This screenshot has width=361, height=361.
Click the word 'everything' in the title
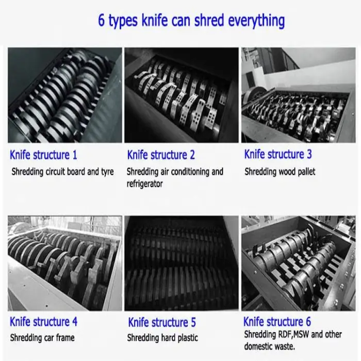click(256, 21)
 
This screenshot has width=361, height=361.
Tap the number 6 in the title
click(101, 20)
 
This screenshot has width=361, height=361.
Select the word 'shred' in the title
click(209, 20)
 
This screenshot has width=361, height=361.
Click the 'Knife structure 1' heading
click(43, 155)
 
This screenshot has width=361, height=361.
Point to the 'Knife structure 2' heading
click(161, 155)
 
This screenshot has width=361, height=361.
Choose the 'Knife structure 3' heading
click(278, 154)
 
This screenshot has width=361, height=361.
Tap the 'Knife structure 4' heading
click(43, 322)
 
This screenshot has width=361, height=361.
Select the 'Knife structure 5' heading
click(162, 322)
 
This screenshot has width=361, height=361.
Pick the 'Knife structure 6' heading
click(277, 321)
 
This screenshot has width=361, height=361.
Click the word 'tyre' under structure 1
click(107, 172)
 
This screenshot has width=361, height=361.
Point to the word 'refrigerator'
click(144, 184)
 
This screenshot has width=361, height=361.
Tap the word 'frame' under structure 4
click(65, 338)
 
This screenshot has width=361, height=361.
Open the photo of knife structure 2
click(182, 95)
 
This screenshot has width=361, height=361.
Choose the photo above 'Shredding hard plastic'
click(182, 264)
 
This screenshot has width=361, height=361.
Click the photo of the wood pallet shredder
click(299, 95)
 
